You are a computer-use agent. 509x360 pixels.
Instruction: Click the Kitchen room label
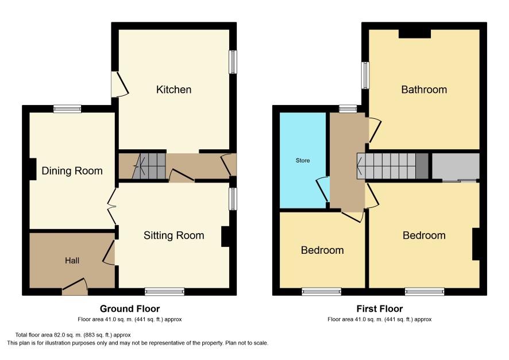pos(173,90)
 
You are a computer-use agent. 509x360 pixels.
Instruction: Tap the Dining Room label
pos(72,171)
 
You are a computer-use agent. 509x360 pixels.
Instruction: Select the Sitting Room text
pos(173,235)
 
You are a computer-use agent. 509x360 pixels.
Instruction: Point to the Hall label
pos(72,261)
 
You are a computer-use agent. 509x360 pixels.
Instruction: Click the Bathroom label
pos(424,90)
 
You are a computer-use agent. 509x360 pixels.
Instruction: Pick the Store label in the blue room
pos(303,161)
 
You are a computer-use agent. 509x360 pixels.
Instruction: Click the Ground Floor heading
pos(130,309)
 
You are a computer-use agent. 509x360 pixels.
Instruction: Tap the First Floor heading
pos(380,309)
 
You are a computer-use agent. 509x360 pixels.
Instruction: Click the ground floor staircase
pos(149,166)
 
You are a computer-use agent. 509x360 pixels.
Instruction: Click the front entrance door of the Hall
pos(75,287)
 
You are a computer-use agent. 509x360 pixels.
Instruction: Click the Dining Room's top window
pos(67,109)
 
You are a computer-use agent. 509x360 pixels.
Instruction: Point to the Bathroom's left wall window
pos(365,75)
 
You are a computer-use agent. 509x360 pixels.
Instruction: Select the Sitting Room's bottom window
pos(164,292)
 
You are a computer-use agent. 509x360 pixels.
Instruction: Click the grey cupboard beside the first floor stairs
pos(456,166)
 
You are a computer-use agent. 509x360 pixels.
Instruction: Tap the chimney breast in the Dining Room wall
pos(33,169)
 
